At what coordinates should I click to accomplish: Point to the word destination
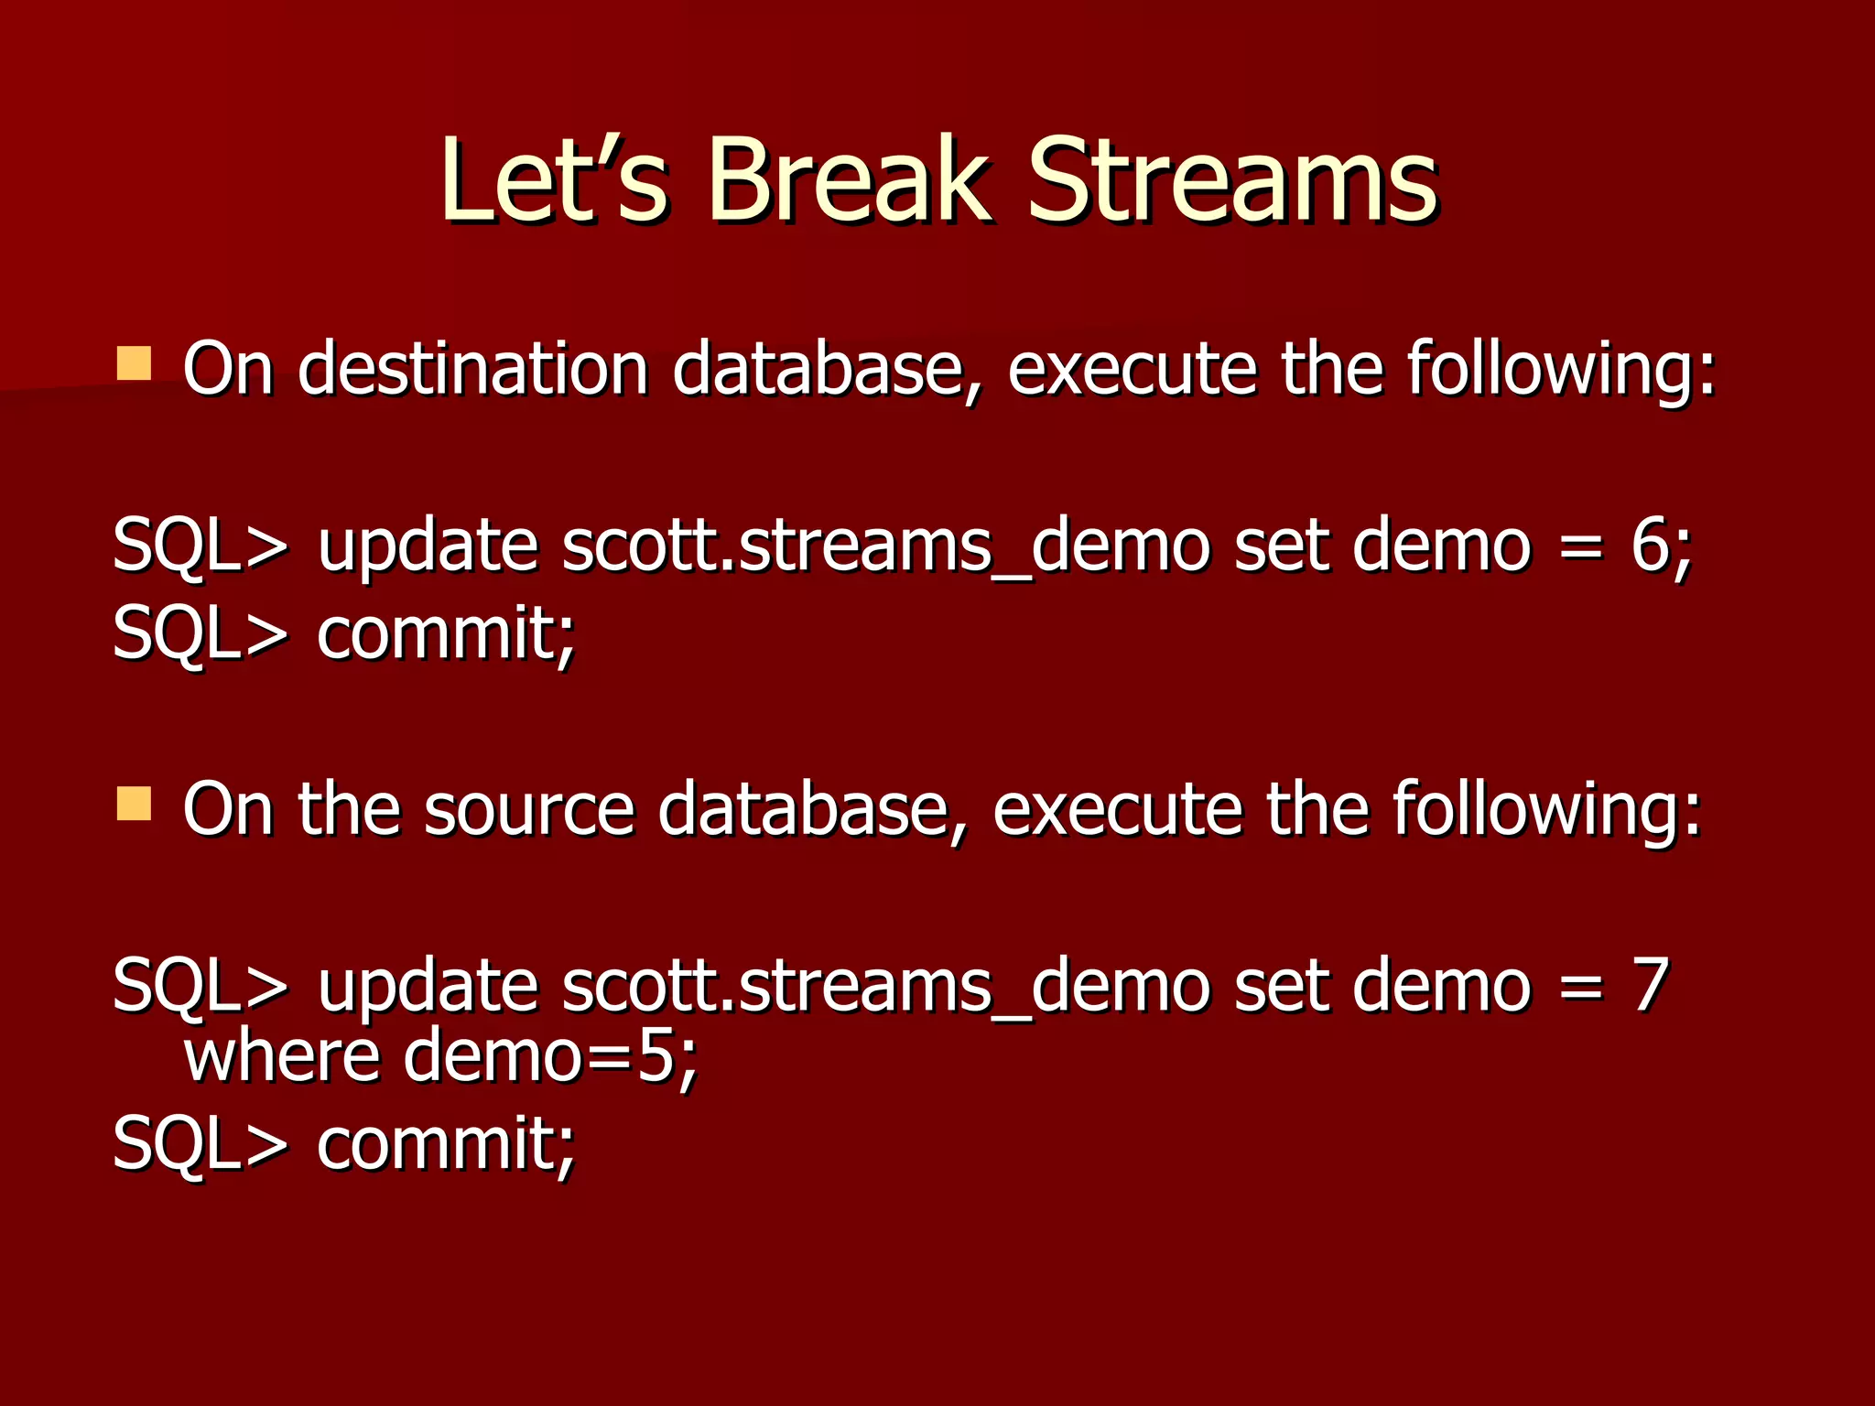point(473,368)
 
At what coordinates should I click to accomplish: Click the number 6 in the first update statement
point(1651,546)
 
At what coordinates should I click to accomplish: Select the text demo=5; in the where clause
point(550,1057)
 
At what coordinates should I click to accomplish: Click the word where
point(282,1057)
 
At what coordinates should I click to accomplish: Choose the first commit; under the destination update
point(446,633)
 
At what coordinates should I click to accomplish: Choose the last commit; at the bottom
point(446,1143)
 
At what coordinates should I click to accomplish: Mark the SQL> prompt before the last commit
point(200,1143)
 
